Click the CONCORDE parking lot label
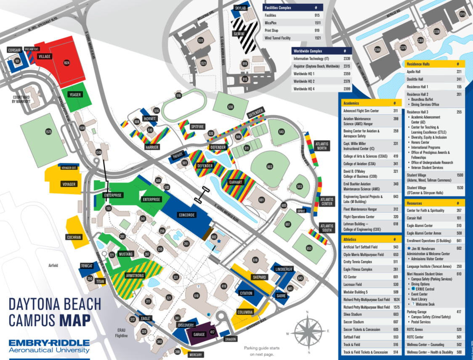(187, 215)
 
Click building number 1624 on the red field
(66, 63)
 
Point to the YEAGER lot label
(75, 95)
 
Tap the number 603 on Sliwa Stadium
(270, 167)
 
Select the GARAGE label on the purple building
(199, 335)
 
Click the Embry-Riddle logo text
(49, 346)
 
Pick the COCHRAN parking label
(74, 237)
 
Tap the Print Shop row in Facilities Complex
(271, 30)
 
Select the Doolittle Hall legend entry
(415, 79)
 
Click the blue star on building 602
(219, 241)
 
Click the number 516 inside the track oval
(178, 96)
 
